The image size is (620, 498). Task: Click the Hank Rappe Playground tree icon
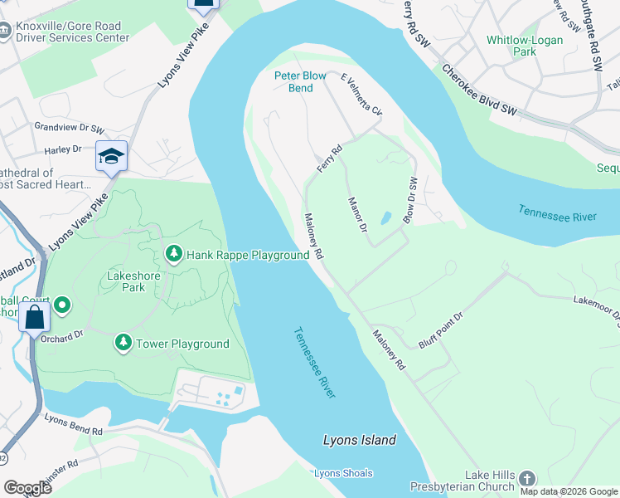tap(173, 253)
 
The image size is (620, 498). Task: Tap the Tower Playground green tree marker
tap(123, 342)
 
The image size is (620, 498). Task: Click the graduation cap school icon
tap(111, 156)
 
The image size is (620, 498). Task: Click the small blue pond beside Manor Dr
tap(385, 219)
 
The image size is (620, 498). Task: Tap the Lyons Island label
tap(359, 440)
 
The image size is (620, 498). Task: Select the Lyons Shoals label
tap(343, 473)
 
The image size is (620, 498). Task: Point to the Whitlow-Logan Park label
tap(524, 46)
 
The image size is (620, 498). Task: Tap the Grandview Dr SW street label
tap(69, 129)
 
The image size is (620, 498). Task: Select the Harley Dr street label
tap(64, 149)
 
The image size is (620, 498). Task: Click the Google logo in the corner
tap(28, 488)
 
